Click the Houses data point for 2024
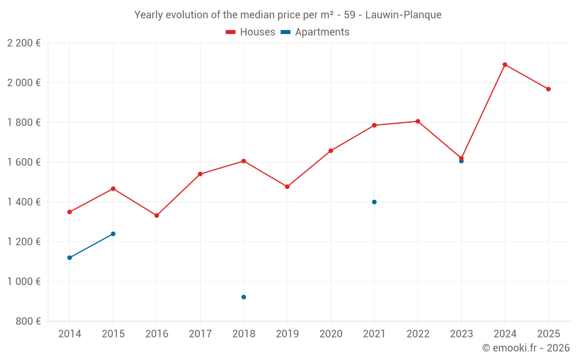pyautogui.click(x=505, y=65)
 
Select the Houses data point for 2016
pyautogui.click(x=157, y=215)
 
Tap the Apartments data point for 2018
pyautogui.click(x=244, y=297)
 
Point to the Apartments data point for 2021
pyautogui.click(x=374, y=202)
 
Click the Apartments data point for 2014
pyautogui.click(x=70, y=257)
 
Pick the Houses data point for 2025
pyautogui.click(x=548, y=89)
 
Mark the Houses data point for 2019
pyautogui.click(x=287, y=187)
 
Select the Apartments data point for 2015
pyautogui.click(x=113, y=234)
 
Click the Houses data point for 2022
pyautogui.click(x=418, y=122)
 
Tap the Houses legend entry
pyautogui.click(x=251, y=32)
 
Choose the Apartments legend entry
pyautogui.click(x=315, y=32)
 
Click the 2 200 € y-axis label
pyautogui.click(x=24, y=43)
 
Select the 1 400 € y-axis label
pyautogui.click(x=24, y=202)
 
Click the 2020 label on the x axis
pyautogui.click(x=331, y=334)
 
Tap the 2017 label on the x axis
pyautogui.click(x=200, y=334)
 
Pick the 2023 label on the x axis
pyautogui.click(x=461, y=334)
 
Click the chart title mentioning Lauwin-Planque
pyautogui.click(x=288, y=15)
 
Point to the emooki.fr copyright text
pyautogui.click(x=525, y=348)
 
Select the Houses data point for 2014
pyautogui.click(x=70, y=212)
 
